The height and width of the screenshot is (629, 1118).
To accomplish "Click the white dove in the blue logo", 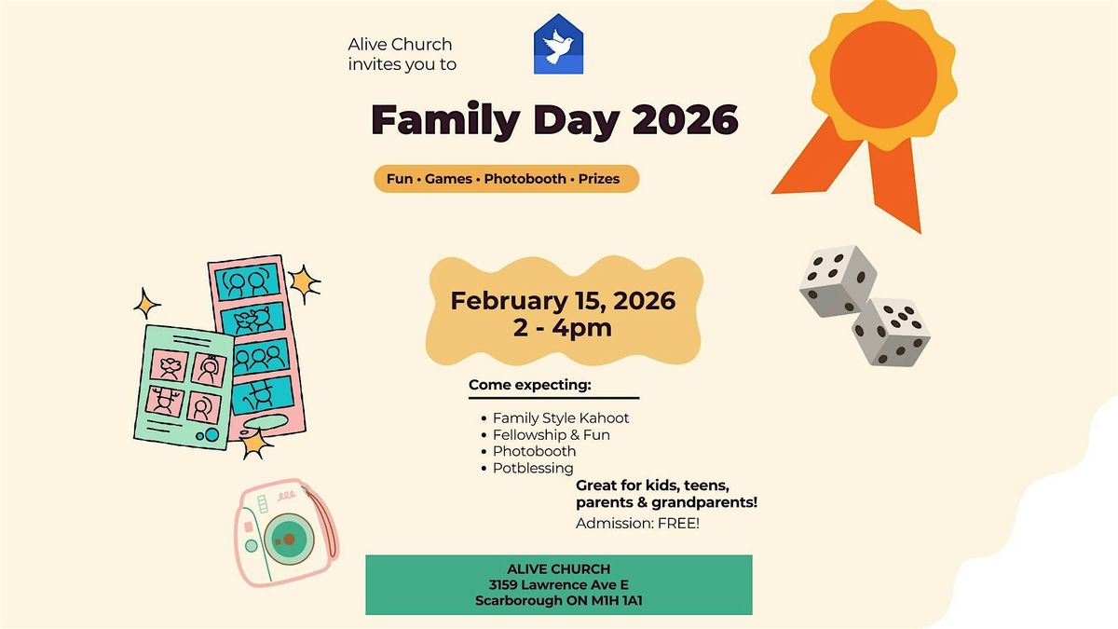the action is (557, 47).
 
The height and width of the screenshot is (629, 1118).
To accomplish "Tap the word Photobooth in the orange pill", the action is (525, 179).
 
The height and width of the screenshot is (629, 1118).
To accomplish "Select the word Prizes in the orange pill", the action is (599, 179).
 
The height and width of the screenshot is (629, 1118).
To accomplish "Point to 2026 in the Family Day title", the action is (686, 120).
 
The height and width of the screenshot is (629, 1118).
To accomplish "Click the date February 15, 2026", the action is (563, 300).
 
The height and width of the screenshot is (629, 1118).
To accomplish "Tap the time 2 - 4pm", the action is (563, 328).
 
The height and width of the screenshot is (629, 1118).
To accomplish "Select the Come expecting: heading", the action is (529, 385).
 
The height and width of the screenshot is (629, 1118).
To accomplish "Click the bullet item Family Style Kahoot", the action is (561, 417).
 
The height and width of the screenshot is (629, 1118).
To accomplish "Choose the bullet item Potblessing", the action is (533, 468).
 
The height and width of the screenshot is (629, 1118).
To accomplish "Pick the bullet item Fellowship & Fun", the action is (551, 435).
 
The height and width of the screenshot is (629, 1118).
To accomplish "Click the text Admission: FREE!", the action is (637, 523).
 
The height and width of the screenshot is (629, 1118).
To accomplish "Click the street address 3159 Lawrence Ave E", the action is (558, 584).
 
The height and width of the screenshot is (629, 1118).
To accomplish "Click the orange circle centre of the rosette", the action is (883, 75).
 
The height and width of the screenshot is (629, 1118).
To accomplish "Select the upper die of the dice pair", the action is (838, 280).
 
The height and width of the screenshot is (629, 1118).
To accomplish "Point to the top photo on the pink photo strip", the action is (247, 282).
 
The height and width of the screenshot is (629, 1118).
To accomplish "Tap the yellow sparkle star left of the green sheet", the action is (147, 304).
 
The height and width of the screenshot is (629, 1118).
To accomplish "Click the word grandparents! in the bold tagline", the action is (704, 502).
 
